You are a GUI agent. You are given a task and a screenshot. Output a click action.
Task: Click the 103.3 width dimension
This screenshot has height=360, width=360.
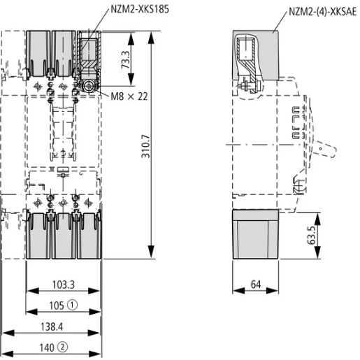click(x=63, y=285)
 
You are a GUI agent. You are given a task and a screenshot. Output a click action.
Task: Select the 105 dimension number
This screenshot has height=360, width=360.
click(x=57, y=305)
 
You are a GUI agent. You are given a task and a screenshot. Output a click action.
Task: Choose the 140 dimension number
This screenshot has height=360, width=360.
click(x=47, y=345)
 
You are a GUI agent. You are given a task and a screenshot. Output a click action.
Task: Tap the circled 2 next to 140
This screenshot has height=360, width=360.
click(x=63, y=345)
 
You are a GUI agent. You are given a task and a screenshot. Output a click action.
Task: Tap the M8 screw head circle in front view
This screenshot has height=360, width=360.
click(x=88, y=86)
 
